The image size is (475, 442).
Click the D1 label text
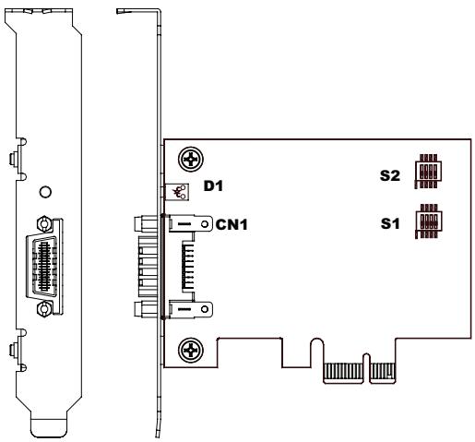(x=213, y=185)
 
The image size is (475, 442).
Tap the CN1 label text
(x=232, y=224)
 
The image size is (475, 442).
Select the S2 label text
(x=390, y=175)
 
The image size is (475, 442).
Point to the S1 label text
(x=390, y=223)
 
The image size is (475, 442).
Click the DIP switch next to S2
(x=428, y=172)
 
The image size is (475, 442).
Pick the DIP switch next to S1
(x=429, y=221)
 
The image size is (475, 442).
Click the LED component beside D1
(x=177, y=192)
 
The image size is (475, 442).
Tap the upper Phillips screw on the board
(x=191, y=160)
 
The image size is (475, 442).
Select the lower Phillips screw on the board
(x=191, y=350)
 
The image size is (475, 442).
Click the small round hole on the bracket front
(x=45, y=192)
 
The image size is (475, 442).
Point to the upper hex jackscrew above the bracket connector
(x=44, y=223)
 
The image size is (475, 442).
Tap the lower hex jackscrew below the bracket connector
(x=44, y=309)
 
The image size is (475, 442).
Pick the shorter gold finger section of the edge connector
(x=382, y=371)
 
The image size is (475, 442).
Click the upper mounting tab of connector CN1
(x=190, y=224)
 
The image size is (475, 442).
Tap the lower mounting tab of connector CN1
(x=190, y=309)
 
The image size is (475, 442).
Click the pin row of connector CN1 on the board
(x=188, y=266)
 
